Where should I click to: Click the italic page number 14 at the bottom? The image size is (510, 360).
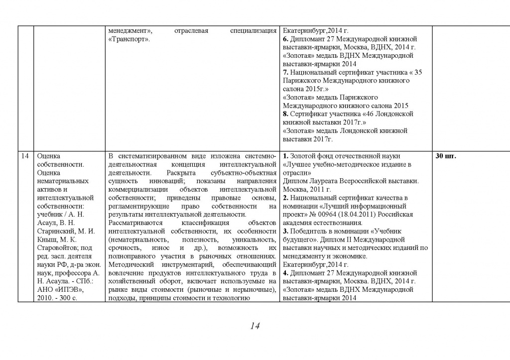tap(255, 326)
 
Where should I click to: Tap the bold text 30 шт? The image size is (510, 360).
tap(446, 156)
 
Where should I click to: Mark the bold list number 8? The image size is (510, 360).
tap(284, 114)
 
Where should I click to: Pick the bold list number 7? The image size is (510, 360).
tap(284, 72)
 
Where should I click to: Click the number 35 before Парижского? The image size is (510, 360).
tap(418, 72)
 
